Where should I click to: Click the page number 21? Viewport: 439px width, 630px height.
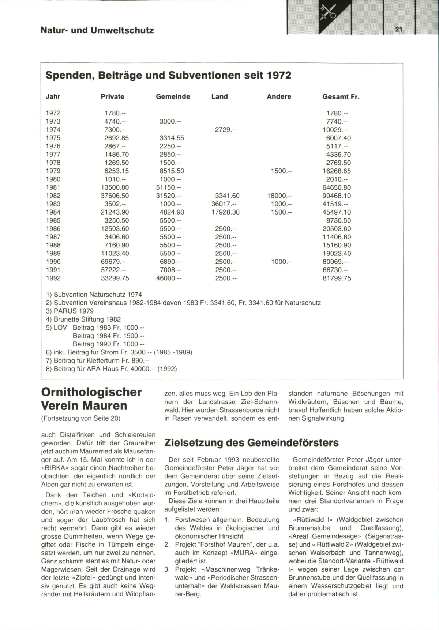[399, 30]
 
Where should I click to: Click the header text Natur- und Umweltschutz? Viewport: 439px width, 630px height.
[97, 30]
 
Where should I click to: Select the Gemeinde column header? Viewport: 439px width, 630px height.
[173, 97]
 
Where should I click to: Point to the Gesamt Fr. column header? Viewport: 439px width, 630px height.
[341, 97]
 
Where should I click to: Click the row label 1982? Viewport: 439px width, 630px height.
[53, 196]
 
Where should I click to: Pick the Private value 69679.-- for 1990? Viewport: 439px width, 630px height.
[115, 262]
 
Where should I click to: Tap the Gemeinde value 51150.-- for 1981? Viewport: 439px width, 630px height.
[169, 187]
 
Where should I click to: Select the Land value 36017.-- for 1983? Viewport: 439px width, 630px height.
[224, 204]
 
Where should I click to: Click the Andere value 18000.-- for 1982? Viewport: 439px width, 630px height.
[279, 196]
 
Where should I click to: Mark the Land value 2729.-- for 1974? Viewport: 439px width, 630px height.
[225, 130]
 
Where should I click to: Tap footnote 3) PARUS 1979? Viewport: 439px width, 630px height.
[70, 311]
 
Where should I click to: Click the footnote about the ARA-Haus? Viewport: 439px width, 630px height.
[111, 369]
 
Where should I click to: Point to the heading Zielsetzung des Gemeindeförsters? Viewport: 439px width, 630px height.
[251, 443]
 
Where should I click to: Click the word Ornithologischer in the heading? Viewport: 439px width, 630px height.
[91, 392]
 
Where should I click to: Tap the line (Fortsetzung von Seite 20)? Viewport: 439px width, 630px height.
[80, 418]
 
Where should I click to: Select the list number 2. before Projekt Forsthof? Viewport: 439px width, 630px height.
[167, 544]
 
